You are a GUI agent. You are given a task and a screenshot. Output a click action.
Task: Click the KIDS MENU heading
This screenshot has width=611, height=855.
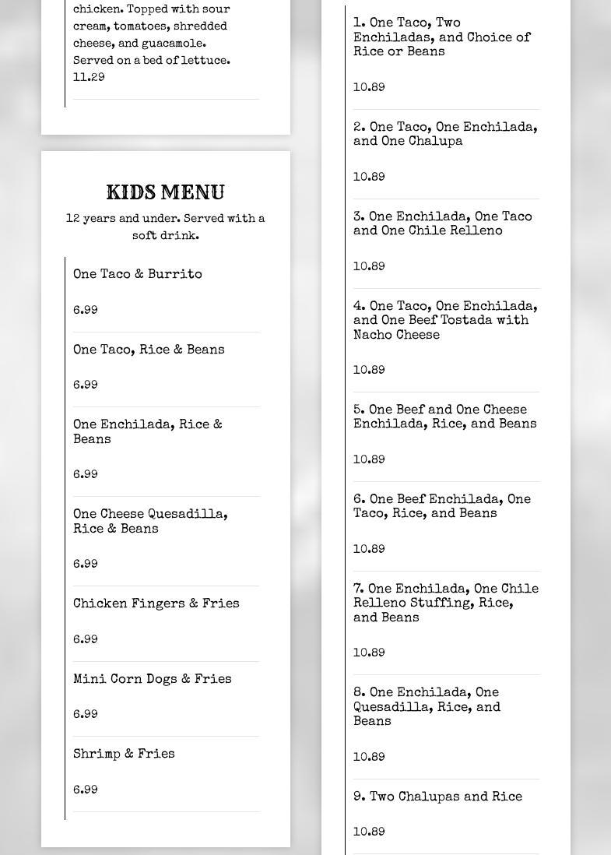click(x=165, y=192)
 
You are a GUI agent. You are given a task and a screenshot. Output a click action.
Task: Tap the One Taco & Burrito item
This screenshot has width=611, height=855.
click(x=138, y=275)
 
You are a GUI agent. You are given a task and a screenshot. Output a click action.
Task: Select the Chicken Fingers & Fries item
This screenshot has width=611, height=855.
click(x=156, y=604)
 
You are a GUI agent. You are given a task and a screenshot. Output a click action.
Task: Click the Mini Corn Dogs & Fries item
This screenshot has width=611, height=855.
click(x=152, y=680)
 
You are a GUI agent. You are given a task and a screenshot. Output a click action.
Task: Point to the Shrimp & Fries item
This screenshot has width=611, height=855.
click(x=124, y=755)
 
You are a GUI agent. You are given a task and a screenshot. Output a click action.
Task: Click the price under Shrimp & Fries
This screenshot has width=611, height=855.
click(x=86, y=790)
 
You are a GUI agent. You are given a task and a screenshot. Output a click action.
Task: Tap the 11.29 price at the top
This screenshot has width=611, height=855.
click(x=89, y=78)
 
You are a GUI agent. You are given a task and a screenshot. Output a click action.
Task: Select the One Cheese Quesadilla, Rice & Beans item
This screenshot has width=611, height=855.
click(x=150, y=522)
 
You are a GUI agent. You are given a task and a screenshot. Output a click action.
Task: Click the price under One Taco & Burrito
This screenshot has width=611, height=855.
click(x=86, y=311)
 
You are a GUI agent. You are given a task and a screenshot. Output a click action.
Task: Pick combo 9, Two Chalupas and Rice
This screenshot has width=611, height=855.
click(x=437, y=797)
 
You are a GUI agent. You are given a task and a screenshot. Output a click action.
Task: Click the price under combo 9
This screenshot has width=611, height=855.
click(x=369, y=832)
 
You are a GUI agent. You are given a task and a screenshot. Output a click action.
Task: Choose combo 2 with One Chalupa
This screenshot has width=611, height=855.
click(x=445, y=135)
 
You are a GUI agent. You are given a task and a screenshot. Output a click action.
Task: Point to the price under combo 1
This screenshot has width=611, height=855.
click(x=369, y=88)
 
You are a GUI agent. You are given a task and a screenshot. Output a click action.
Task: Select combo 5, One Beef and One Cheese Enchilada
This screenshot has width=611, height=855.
click(x=444, y=417)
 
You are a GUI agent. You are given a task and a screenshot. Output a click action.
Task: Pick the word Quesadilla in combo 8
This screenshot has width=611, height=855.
click(x=389, y=708)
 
